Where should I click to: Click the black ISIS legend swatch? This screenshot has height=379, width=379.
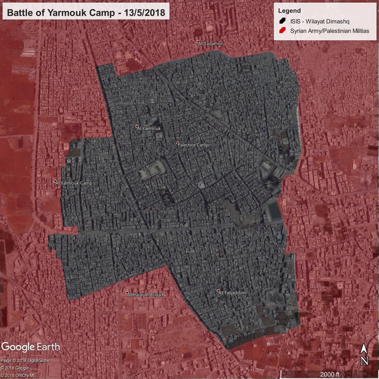pyautogui.click(x=282, y=21)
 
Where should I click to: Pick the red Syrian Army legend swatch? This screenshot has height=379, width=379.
pyautogui.click(x=282, y=31)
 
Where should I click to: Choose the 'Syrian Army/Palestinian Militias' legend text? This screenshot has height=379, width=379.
pyautogui.click(x=329, y=31)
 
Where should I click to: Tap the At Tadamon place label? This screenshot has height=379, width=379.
pyautogui.click(x=211, y=44)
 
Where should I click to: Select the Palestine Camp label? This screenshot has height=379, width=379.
pyautogui.click(x=194, y=145)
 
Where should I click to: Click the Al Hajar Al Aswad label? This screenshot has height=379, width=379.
pyautogui.click(x=147, y=294)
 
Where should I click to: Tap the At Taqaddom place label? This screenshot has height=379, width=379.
pyautogui.click(x=233, y=292)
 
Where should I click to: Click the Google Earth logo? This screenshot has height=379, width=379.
pyautogui.click(x=30, y=347)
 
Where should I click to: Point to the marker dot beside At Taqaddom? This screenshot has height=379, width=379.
pyautogui.click(x=219, y=291)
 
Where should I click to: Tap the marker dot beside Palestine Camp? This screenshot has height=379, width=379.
pyautogui.click(x=178, y=143)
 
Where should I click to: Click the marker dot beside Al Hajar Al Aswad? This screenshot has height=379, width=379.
pyautogui.click(x=128, y=293)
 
